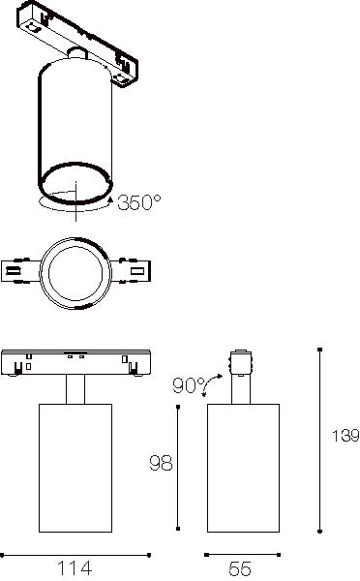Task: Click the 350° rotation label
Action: (139, 202)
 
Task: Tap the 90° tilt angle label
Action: (189, 385)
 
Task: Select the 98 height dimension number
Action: (161, 463)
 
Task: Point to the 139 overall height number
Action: (345, 436)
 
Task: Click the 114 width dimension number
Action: (75, 568)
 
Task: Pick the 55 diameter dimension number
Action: (240, 568)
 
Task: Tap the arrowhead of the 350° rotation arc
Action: (110, 199)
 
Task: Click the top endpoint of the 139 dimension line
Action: (320, 350)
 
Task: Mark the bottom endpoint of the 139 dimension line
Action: (320, 532)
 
